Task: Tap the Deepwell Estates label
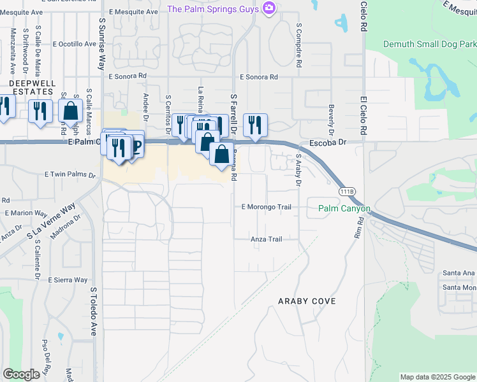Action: (x=32, y=87)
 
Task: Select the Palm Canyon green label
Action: (x=344, y=208)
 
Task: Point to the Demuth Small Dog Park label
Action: (x=430, y=44)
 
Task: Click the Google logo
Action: (x=21, y=374)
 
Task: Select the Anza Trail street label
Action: (x=266, y=239)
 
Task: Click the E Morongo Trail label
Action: (x=266, y=207)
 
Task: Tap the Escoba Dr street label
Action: (x=327, y=143)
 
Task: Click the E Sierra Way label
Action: (x=67, y=279)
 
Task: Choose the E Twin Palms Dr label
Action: (x=70, y=174)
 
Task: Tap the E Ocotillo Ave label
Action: (x=74, y=44)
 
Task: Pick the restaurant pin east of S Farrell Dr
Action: (x=255, y=124)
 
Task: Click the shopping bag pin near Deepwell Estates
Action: (x=71, y=110)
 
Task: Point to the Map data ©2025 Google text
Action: (x=437, y=377)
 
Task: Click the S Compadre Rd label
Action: (x=298, y=46)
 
